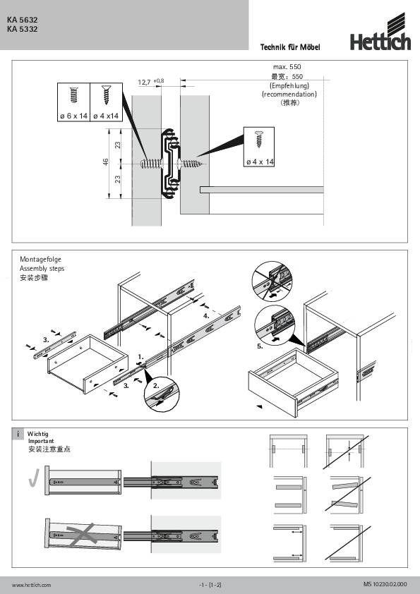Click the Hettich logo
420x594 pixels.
tap(380, 40)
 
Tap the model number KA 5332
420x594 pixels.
tap(23, 29)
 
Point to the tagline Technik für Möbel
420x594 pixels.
tap(290, 47)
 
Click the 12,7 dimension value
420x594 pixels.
tap(145, 83)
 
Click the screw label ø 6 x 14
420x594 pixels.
tap(73, 115)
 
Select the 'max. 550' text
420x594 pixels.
tap(288, 66)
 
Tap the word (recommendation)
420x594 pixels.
tap(289, 94)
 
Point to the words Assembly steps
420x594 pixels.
tap(42, 269)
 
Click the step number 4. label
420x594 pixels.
tap(207, 317)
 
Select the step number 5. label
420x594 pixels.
tap(260, 347)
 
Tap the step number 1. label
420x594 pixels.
tap(141, 357)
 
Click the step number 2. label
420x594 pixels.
tap(156, 387)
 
